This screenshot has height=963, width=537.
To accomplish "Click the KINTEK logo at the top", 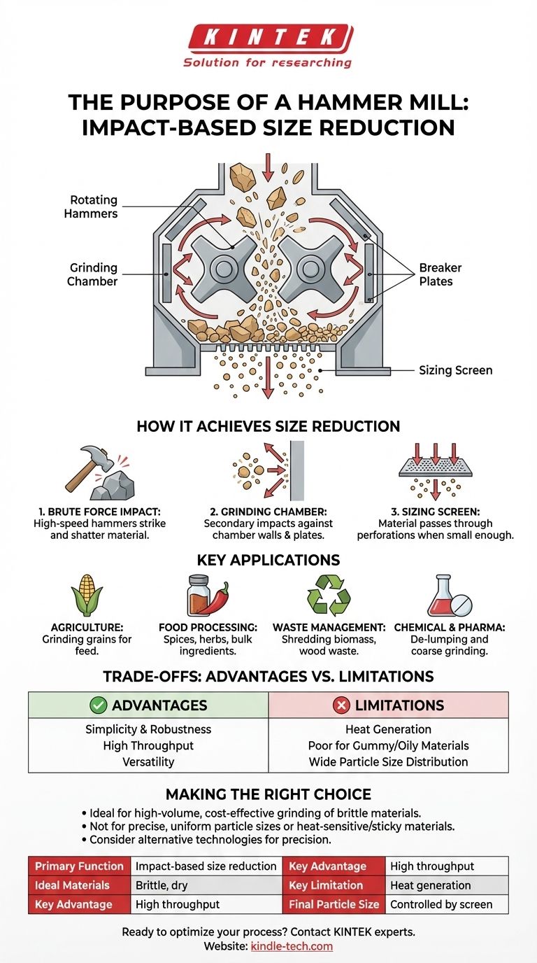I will (x=268, y=36).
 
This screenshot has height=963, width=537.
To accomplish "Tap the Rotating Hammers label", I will (x=94, y=206).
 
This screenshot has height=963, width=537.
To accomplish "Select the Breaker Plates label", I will (x=440, y=275).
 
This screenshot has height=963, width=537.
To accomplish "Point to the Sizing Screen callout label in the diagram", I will (x=455, y=370).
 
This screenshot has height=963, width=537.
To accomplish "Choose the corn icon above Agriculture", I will (x=87, y=600).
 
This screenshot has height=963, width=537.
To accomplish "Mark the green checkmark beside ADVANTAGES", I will (x=99, y=705).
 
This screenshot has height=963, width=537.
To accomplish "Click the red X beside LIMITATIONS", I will (x=343, y=705).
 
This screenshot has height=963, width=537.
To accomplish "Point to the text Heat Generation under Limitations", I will (x=388, y=729).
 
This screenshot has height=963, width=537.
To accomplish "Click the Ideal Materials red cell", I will (x=79, y=885).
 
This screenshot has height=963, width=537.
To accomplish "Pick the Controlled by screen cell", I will (x=441, y=904).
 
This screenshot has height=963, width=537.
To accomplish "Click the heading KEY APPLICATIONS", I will (x=268, y=560).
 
